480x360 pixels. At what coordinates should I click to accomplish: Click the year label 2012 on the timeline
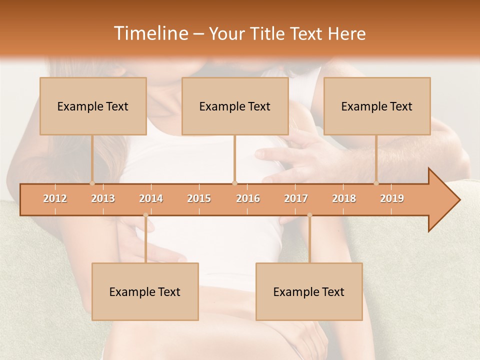55,198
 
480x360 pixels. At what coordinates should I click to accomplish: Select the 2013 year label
103,198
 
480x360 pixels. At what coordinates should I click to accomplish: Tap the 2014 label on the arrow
151,198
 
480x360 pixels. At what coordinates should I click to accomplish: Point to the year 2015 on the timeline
199,198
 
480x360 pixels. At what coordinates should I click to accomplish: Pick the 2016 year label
248,198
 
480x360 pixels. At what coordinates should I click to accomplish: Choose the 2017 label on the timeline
296,198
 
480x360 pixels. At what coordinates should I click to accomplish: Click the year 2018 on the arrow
344,198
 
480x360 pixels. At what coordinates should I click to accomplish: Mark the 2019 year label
392,198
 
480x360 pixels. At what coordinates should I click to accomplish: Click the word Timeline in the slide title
150,33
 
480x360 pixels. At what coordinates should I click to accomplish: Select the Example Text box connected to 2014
145,291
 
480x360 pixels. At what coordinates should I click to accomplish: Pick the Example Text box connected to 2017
309,291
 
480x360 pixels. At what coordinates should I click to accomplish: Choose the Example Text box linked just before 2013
93,106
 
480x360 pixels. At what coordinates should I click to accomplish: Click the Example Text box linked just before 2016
235,106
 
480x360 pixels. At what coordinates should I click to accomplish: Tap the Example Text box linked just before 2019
377,106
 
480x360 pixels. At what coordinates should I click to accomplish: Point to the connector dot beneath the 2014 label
145,215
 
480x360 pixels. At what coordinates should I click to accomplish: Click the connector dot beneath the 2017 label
309,215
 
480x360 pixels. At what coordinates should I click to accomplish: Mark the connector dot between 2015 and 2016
235,183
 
